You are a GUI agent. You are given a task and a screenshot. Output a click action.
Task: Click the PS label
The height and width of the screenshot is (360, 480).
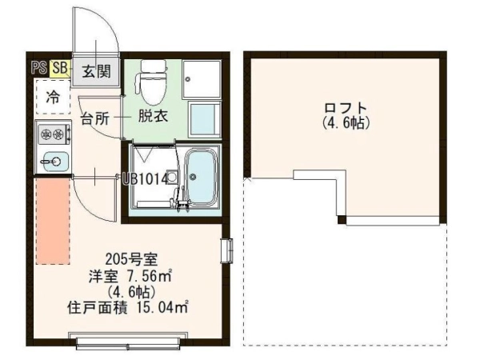click(x=39, y=68)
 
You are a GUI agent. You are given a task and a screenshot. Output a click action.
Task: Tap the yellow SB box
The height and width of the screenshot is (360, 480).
click(x=60, y=68)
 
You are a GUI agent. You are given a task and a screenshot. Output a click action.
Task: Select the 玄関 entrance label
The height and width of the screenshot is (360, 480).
click(x=96, y=72)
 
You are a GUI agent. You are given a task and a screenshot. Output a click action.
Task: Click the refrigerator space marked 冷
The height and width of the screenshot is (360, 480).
click(x=53, y=97)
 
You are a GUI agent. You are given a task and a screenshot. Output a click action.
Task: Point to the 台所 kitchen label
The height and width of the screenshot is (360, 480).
click(x=95, y=118)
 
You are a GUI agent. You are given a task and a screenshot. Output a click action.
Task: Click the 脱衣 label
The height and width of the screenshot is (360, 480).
click(x=153, y=116)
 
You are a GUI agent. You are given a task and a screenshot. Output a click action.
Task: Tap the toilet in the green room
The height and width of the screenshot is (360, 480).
click(x=153, y=82)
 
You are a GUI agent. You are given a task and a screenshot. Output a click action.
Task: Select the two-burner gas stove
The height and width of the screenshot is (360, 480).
click(x=54, y=134)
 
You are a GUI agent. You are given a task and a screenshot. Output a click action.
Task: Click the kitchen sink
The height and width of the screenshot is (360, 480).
click(x=54, y=161)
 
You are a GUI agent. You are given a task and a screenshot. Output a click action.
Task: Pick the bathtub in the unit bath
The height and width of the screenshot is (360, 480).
click(x=201, y=177)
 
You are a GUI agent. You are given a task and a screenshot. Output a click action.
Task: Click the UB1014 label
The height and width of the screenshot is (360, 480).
click(x=145, y=179)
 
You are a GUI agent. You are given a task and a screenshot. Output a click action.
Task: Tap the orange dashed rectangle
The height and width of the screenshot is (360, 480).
click(x=53, y=221)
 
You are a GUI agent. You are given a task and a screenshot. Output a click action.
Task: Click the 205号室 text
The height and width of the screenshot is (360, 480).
click(x=131, y=260)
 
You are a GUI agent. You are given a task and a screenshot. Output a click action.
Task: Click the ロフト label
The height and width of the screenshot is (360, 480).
click(x=346, y=108)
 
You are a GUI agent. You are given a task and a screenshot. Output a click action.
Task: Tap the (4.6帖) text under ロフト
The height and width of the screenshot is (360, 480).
click(x=346, y=123)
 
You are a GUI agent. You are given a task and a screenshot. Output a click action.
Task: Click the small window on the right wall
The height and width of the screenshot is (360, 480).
click(x=227, y=250)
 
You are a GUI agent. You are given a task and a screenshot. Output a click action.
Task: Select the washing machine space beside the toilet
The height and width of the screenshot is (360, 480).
click(x=202, y=79)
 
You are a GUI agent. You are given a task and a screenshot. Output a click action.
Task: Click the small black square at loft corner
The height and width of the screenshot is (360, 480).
click(x=342, y=220)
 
